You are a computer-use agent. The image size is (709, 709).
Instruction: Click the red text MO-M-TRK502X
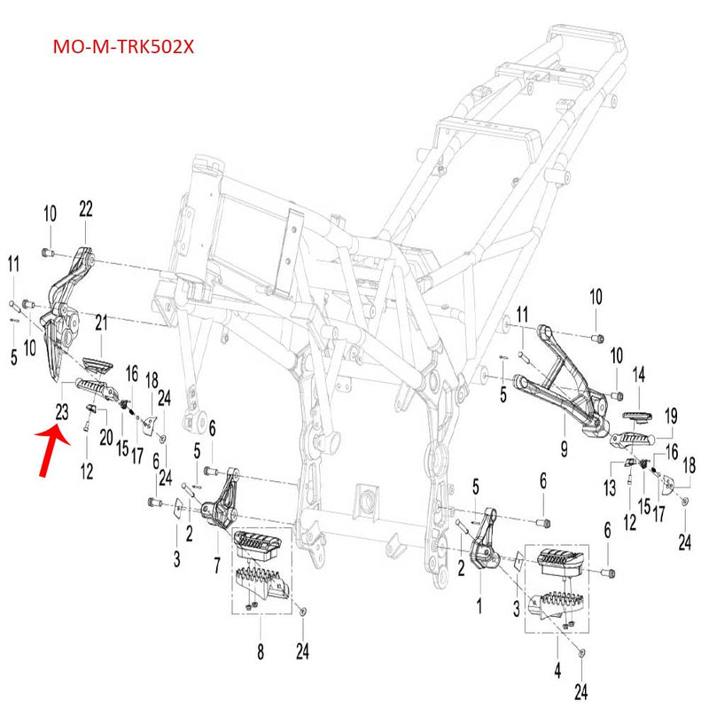[123, 46]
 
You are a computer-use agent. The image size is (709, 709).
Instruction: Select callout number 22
[85, 209]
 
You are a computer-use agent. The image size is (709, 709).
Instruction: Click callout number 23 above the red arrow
[61, 410]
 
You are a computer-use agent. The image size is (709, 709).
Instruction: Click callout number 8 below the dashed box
[260, 653]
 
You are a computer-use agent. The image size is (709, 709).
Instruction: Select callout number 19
[671, 414]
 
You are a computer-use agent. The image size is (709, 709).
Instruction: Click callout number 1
[479, 606]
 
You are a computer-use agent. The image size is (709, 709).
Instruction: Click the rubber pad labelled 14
[638, 417]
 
